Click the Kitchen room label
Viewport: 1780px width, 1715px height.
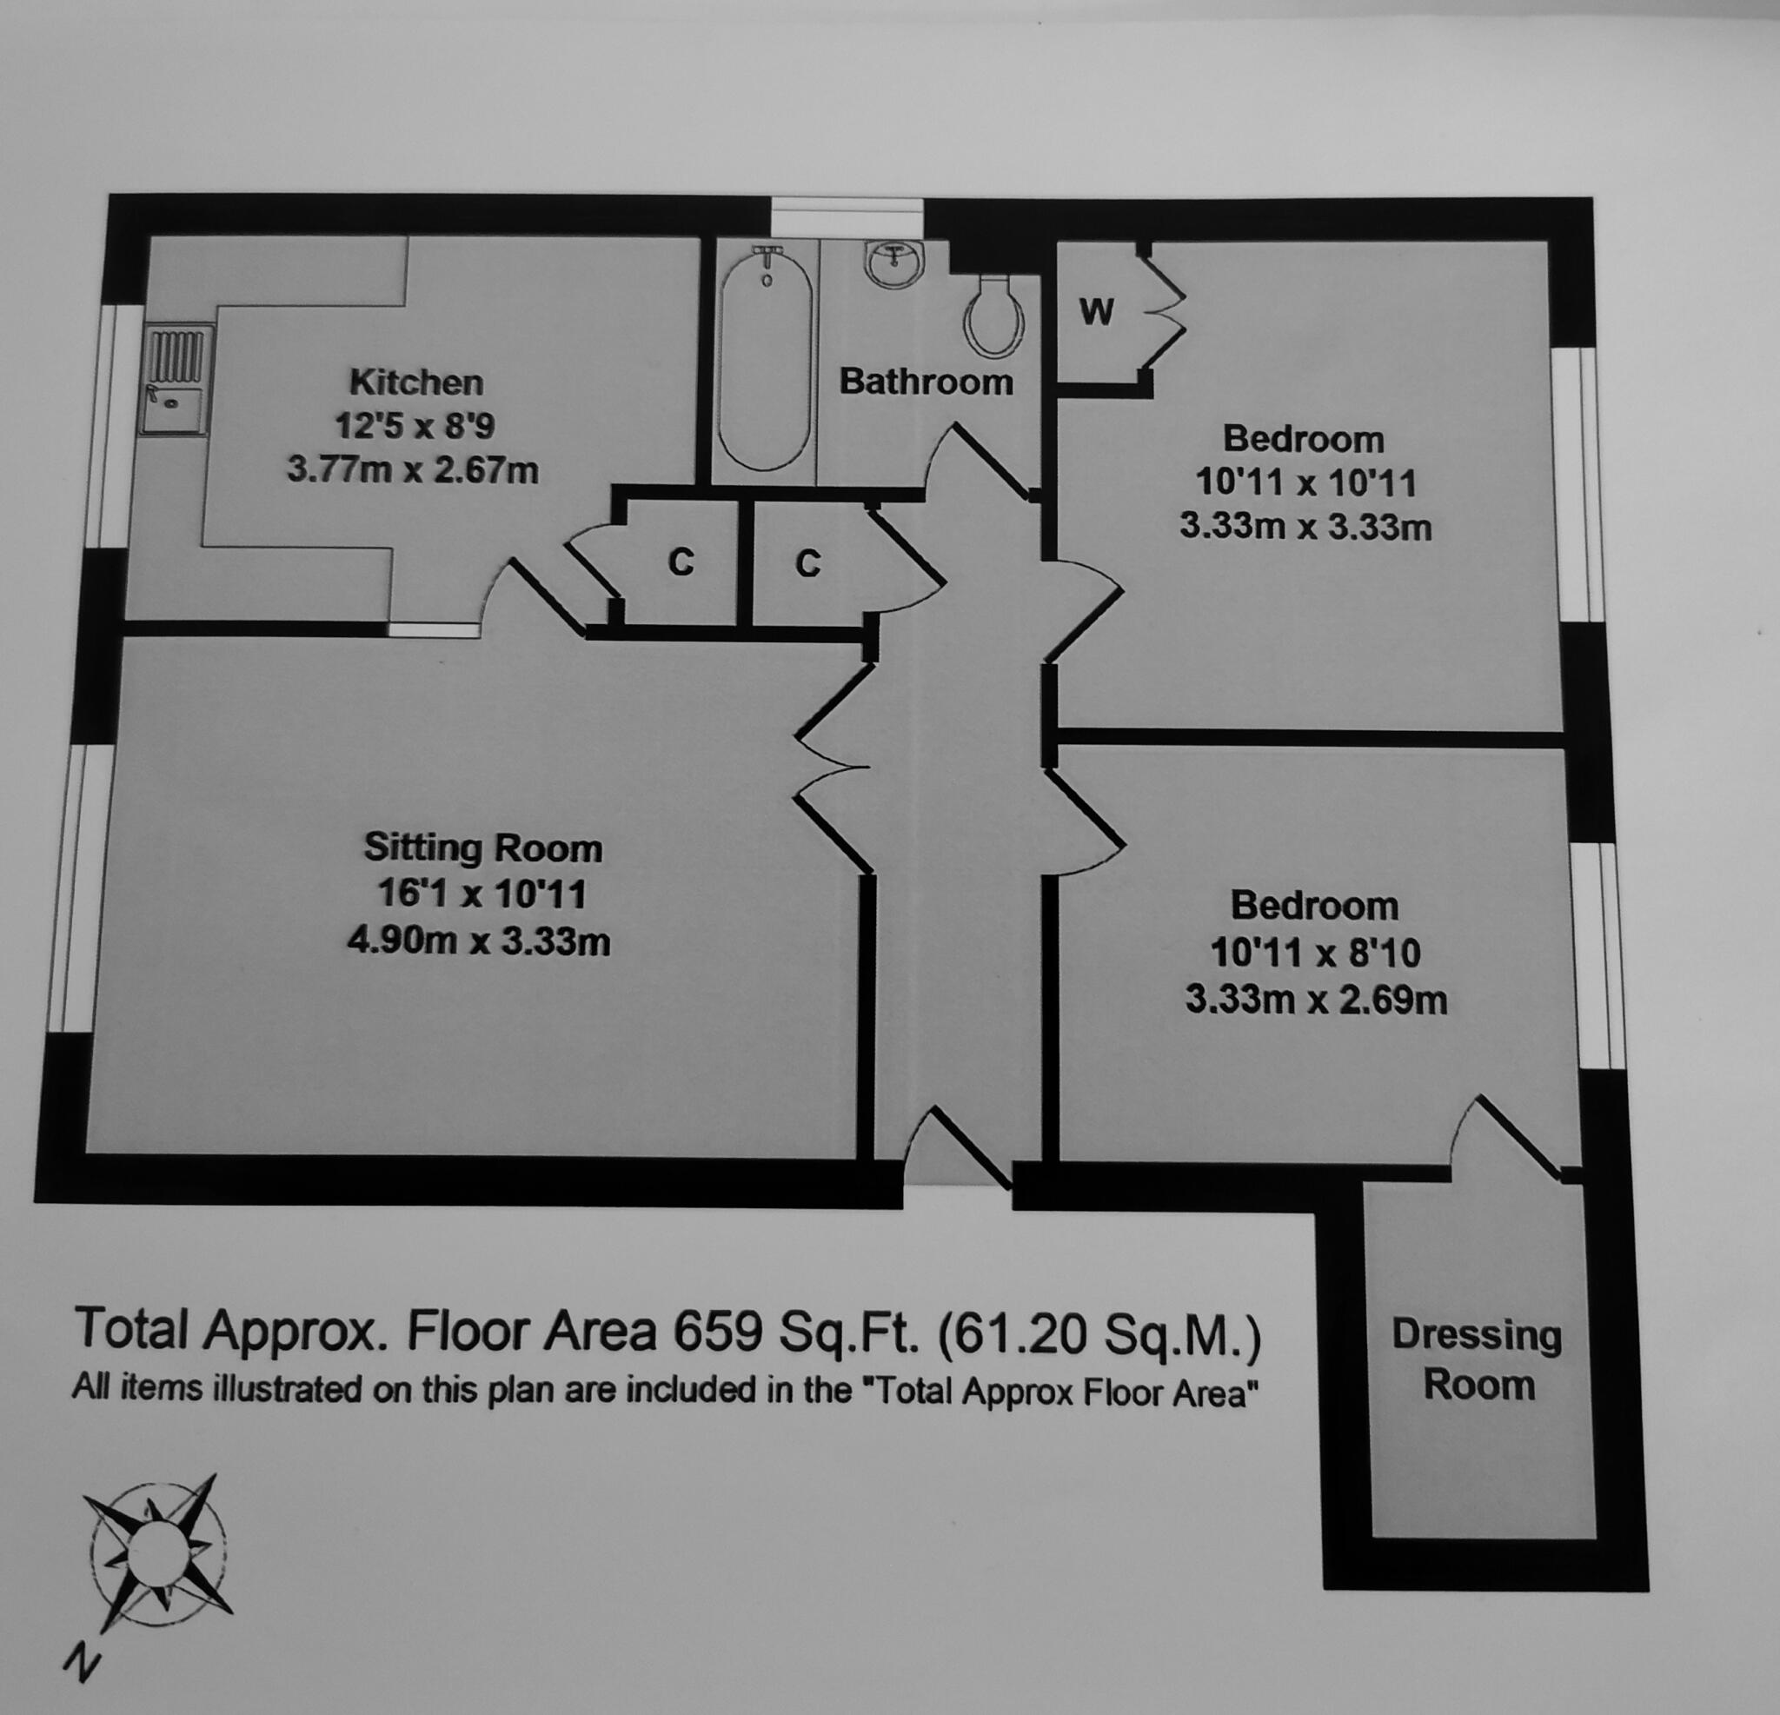pyautogui.click(x=416, y=382)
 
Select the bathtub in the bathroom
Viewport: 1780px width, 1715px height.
pyautogui.click(x=765, y=359)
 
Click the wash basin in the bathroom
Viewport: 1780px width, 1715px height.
pyautogui.click(x=894, y=264)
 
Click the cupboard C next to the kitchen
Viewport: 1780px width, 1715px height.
pyautogui.click(x=681, y=563)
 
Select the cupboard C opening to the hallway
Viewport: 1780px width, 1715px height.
pyautogui.click(x=807, y=564)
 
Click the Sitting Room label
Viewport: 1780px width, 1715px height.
pyautogui.click(x=482, y=848)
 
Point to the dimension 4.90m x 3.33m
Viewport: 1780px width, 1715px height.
pyautogui.click(x=479, y=942)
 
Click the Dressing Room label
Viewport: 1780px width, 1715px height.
pyautogui.click(x=1478, y=1359)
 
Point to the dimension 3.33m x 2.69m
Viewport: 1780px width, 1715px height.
pyautogui.click(x=1315, y=1000)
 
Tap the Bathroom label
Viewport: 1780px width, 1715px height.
pyautogui.click(x=926, y=382)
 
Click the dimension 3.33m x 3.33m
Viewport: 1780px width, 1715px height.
pyautogui.click(x=1305, y=527)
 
